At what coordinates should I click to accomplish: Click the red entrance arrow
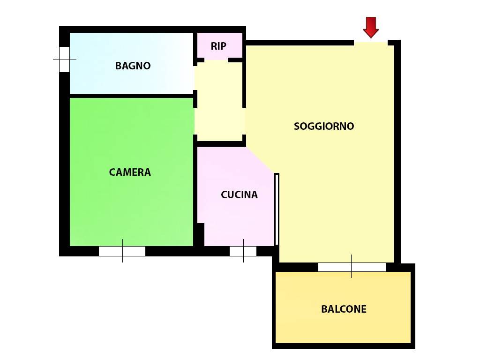tap(371, 27)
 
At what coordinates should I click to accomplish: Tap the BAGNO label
tap(133, 66)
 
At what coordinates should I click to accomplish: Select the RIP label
tap(218, 46)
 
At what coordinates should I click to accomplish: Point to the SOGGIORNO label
tap(324, 126)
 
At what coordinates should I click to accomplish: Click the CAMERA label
tap(130, 172)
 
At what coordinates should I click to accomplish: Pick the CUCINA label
tap(239, 195)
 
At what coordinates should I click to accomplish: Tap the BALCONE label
tap(344, 309)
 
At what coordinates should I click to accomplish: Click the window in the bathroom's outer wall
tap(64, 60)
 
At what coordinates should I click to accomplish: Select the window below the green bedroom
tap(122, 251)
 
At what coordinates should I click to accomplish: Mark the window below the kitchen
tap(243, 251)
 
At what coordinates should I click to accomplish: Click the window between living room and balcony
tap(352, 267)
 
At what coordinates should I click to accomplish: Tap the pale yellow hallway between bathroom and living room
tap(219, 101)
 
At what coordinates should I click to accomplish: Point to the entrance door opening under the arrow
tap(371, 43)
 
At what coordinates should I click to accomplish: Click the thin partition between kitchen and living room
tap(277, 209)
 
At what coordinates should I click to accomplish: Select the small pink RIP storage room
tap(220, 45)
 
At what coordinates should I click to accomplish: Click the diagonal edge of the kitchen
tap(260, 160)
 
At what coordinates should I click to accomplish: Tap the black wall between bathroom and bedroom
tap(132, 96)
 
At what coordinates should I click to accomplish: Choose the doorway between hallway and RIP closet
tap(216, 60)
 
